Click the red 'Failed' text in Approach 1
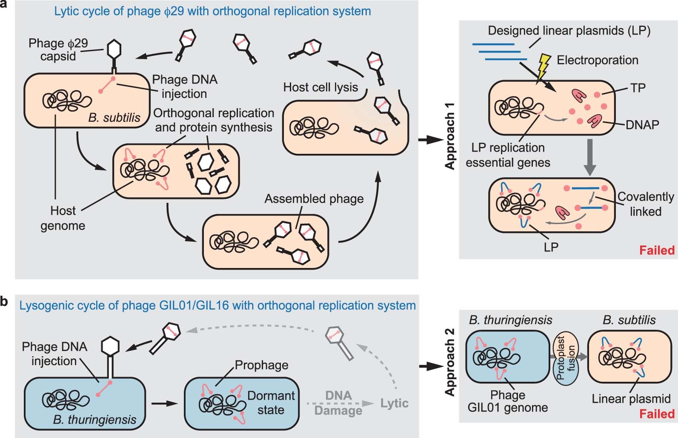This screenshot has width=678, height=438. [x=657, y=250]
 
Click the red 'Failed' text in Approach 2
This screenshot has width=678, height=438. [x=657, y=413]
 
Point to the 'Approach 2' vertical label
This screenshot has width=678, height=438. [x=450, y=362]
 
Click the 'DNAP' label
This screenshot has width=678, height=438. [x=642, y=124]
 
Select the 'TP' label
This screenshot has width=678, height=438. [x=638, y=88]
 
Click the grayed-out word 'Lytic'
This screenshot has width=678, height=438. [x=394, y=403]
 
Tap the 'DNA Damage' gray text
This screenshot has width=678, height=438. [x=338, y=403]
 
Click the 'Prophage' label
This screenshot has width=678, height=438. [x=261, y=365]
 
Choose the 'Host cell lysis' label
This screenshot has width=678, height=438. [x=320, y=87]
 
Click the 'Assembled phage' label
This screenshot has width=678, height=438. [x=314, y=199]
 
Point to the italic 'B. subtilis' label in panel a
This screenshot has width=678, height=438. [x=114, y=118]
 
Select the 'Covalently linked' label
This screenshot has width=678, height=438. [x=645, y=204]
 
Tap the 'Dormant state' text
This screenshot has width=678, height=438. [x=271, y=403]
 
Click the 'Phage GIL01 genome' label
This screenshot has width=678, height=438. [x=507, y=401]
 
